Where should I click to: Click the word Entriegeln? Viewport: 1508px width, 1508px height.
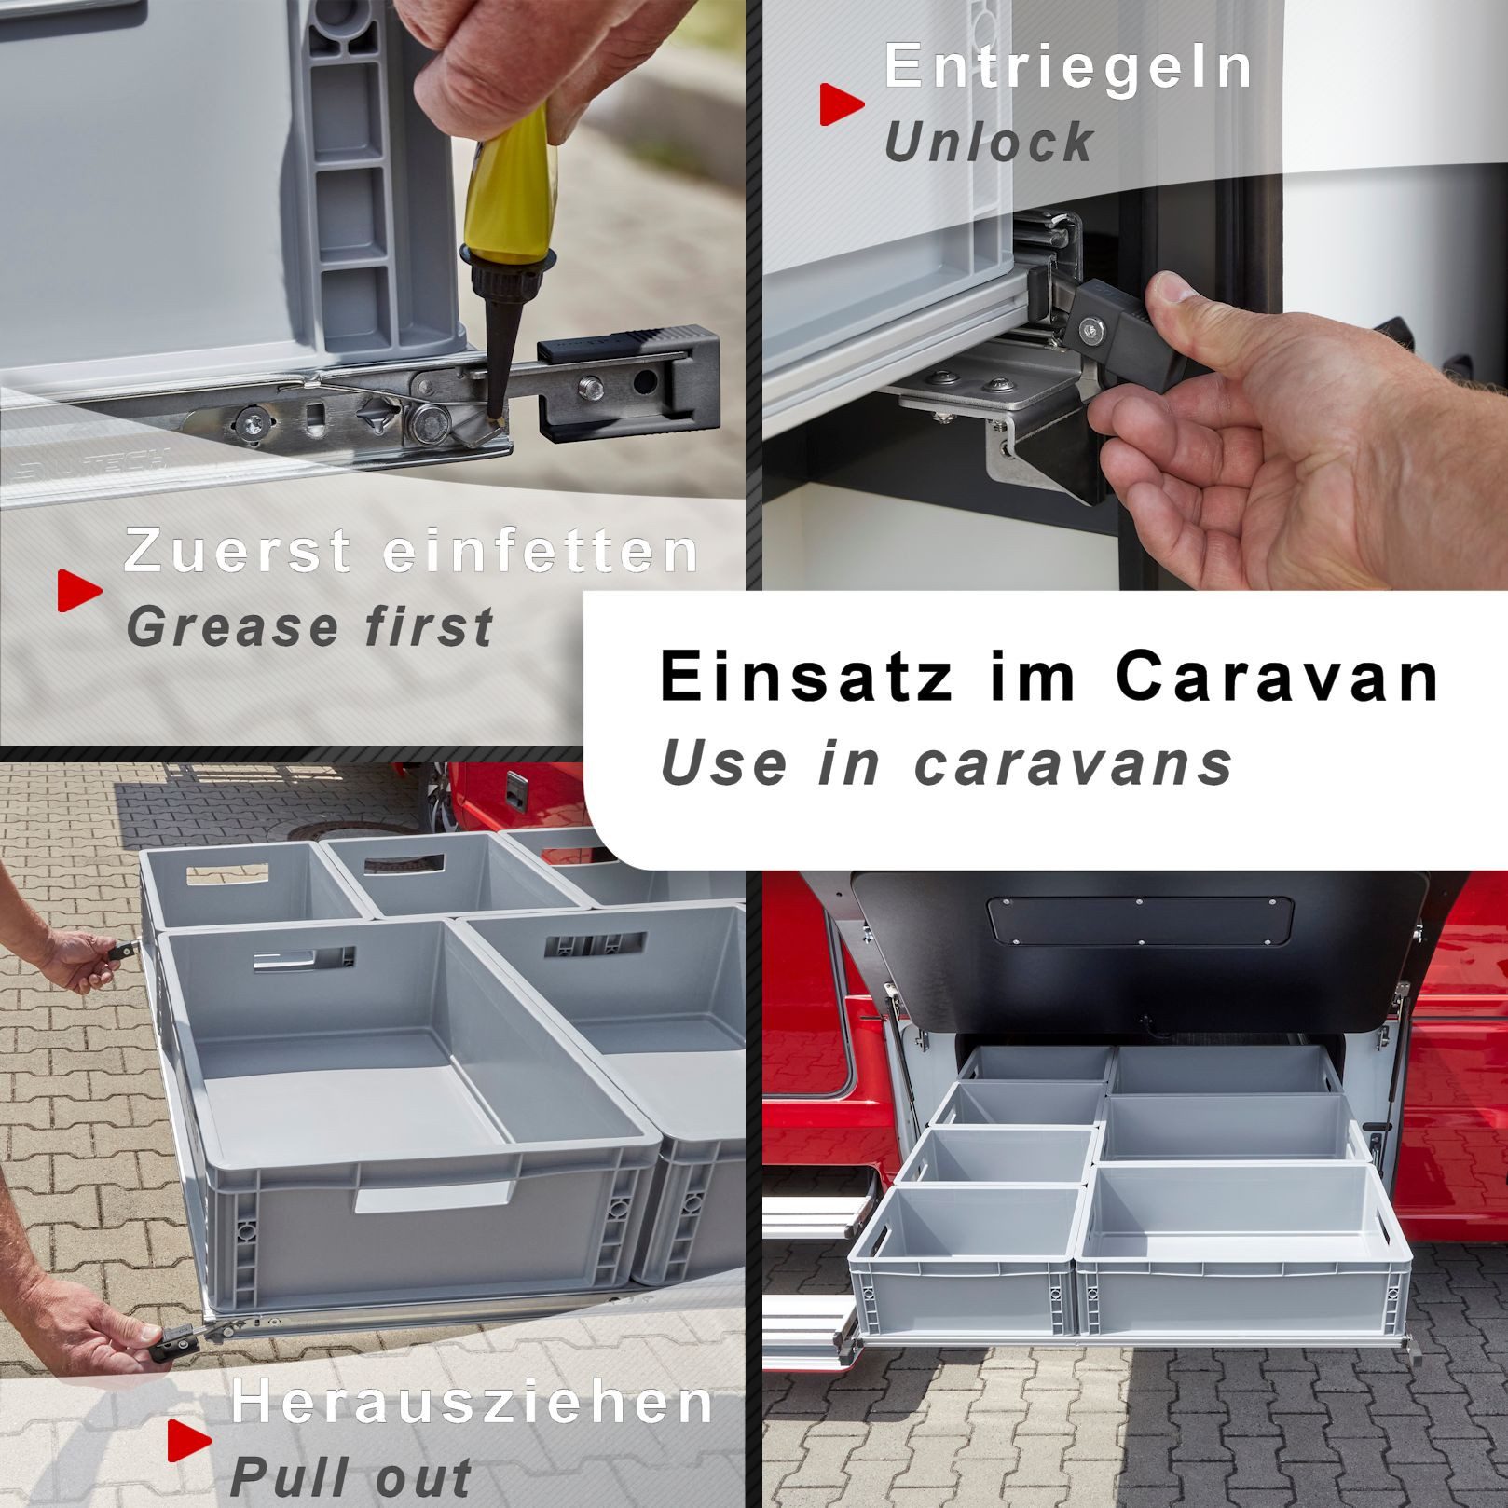click(1068, 67)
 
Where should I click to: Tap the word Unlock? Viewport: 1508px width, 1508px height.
click(989, 142)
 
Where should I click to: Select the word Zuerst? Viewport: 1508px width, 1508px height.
click(238, 550)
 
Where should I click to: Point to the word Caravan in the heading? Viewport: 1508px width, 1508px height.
click(1277, 676)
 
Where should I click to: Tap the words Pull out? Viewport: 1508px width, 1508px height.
click(350, 1477)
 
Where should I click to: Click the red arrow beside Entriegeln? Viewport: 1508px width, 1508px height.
click(841, 103)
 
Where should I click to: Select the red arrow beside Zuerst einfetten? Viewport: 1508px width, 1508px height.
click(79, 590)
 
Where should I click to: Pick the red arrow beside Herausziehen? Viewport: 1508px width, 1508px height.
click(189, 1440)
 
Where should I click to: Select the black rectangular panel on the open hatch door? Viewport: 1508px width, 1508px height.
click(1140, 919)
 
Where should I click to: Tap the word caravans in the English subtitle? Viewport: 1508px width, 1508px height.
click(1073, 764)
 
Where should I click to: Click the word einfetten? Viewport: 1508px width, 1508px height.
click(541, 550)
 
